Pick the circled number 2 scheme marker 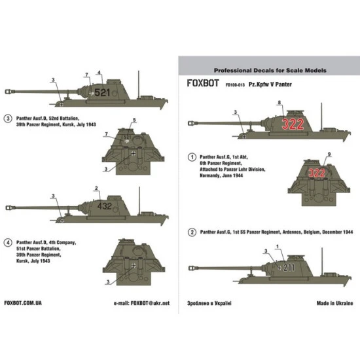pos(191,232)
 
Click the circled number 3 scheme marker pos(9,118)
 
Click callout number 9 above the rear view pos(329,153)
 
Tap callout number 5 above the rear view pos(134,119)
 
